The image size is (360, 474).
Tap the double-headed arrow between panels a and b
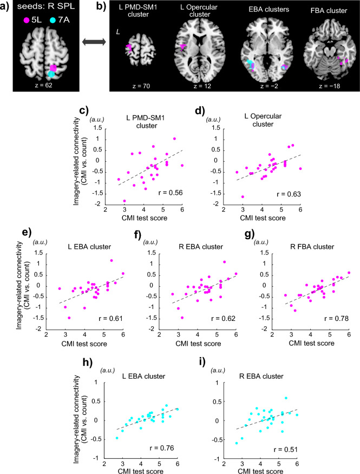coord(94,53)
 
